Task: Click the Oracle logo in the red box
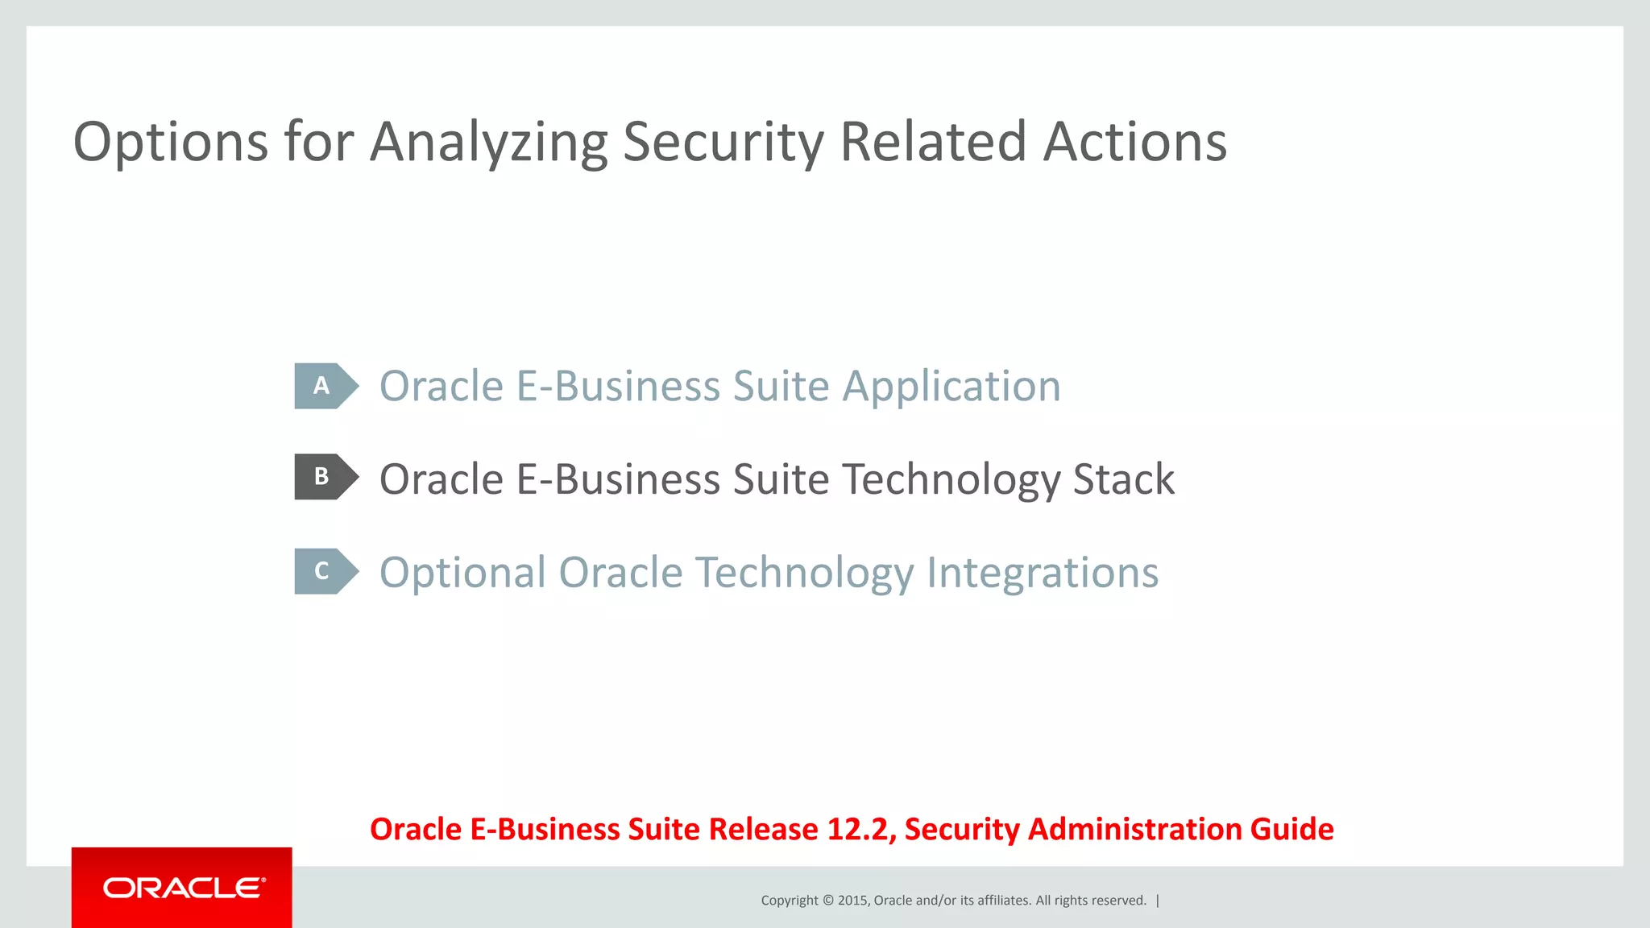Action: point(183,888)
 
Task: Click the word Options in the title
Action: point(170,143)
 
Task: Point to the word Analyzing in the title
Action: point(488,143)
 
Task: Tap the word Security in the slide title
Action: point(723,143)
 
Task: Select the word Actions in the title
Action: point(1135,143)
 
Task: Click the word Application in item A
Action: point(951,387)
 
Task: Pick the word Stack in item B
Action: point(1123,479)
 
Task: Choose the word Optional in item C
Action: point(462,574)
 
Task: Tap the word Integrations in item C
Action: point(1042,574)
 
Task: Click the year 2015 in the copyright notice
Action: point(852,901)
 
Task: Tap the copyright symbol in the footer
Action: point(827,901)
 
